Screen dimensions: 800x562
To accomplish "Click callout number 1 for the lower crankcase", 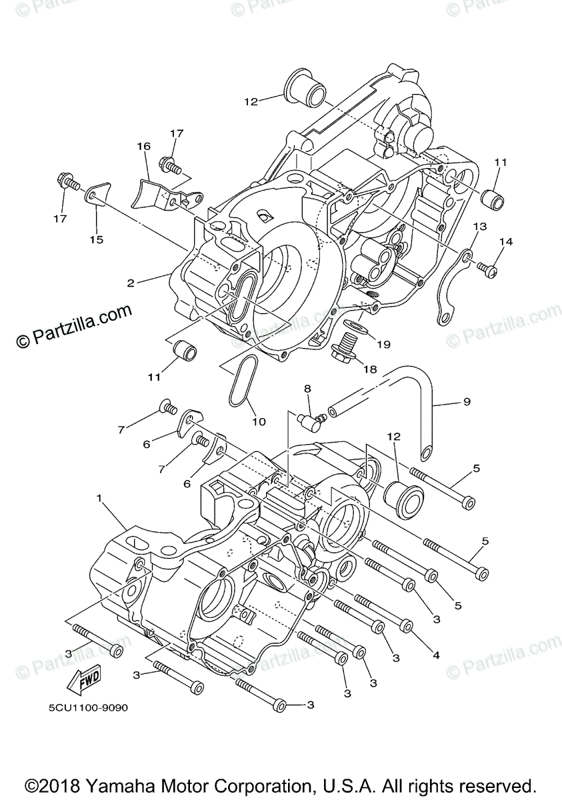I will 99,499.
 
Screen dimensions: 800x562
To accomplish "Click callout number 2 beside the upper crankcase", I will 131,283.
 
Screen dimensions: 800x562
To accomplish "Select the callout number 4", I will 436,656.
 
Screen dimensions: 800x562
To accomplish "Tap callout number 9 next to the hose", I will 467,401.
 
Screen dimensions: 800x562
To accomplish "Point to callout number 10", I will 259,421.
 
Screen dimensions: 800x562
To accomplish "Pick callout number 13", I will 480,227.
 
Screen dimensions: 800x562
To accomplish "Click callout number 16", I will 144,147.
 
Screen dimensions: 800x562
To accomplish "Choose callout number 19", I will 383,345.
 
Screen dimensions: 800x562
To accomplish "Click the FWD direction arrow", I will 82,681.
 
